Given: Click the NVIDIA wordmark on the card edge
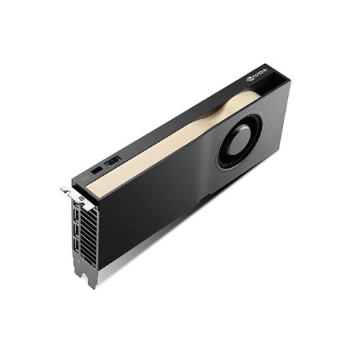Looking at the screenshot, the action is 260,73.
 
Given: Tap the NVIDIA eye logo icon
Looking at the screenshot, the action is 249,79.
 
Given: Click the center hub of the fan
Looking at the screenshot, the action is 239,140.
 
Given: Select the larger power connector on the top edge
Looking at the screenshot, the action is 114,162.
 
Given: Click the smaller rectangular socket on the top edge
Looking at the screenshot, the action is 97,170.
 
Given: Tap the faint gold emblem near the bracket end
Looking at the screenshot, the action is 85,178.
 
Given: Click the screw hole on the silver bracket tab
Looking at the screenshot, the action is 81,198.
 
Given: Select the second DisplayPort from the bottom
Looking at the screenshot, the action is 76,232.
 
